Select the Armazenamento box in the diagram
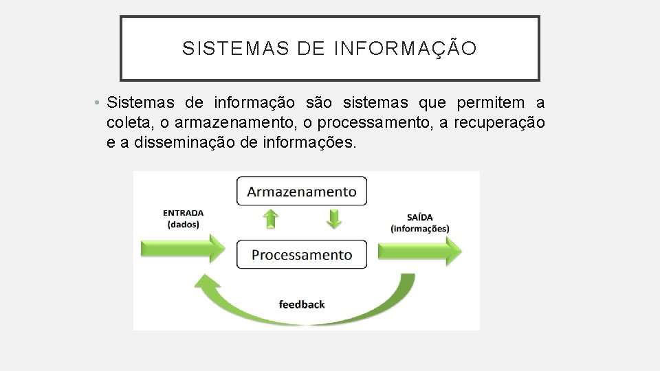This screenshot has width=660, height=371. [302, 191]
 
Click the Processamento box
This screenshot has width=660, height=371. [302, 255]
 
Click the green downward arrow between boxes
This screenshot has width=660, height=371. [333, 219]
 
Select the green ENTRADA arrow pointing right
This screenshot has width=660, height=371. [182, 247]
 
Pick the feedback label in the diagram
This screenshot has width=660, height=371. [302, 304]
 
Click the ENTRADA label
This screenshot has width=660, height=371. [183, 213]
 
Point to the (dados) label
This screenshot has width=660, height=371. [183, 225]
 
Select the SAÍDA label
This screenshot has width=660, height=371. [419, 217]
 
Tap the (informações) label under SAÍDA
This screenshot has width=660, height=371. [419, 229]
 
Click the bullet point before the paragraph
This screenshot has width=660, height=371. [99, 104]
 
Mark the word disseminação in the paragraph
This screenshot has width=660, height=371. [191, 142]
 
